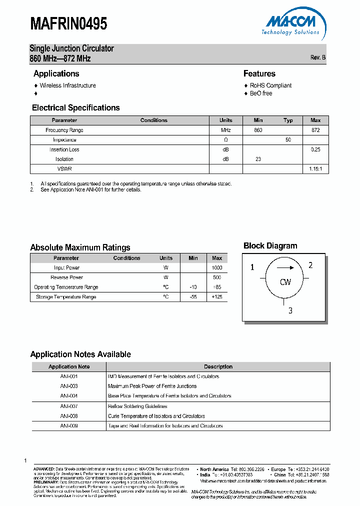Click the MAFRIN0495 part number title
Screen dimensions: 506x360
tap(68, 23)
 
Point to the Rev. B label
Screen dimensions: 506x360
tap(317, 57)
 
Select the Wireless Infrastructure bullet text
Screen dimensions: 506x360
tap(67, 85)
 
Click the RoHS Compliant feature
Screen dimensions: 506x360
tap(270, 85)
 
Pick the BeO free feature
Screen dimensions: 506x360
tap(261, 93)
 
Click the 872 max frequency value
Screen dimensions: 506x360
tap(315, 130)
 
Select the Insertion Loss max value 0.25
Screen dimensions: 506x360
tap(315, 149)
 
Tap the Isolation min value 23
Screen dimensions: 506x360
tap(258, 159)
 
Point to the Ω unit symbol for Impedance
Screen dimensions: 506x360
tap(225, 140)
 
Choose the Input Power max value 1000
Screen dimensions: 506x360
tap(217, 267)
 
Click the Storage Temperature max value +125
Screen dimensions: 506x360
tap(217, 297)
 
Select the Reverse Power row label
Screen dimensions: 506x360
tap(66, 277)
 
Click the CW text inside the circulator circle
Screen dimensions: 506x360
tap(285, 282)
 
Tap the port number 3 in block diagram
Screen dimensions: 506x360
tap(290, 311)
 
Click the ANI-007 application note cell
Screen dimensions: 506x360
tap(69, 406)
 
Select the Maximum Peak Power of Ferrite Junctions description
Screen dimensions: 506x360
tap(152, 386)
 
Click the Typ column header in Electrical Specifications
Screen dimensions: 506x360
tap(288, 120)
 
